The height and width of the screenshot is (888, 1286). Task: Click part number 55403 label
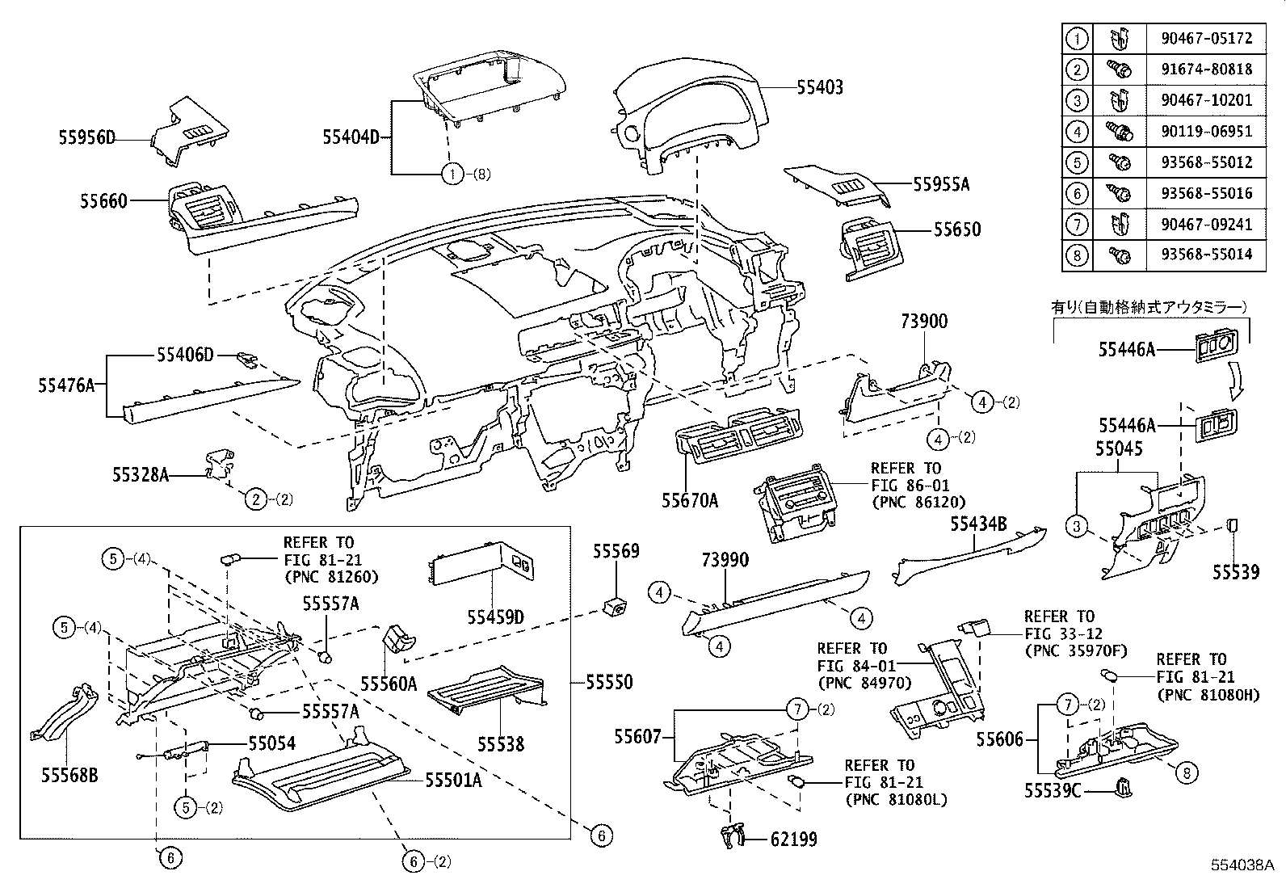coord(820,87)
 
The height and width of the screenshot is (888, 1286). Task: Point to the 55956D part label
coord(86,138)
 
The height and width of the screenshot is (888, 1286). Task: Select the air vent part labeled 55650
coord(872,246)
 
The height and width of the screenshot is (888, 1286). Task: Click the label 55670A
coord(690,501)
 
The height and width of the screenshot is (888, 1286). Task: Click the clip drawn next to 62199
coord(732,836)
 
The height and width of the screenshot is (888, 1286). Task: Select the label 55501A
coord(454,780)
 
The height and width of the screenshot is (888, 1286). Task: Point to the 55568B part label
coord(69,776)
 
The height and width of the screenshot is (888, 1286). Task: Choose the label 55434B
coord(978,524)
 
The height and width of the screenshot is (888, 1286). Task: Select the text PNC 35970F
coord(1074,651)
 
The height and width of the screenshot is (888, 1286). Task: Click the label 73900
coord(924,322)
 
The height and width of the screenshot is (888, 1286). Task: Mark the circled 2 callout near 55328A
coord(255,499)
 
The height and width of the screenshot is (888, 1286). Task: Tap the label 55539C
coord(1052,790)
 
